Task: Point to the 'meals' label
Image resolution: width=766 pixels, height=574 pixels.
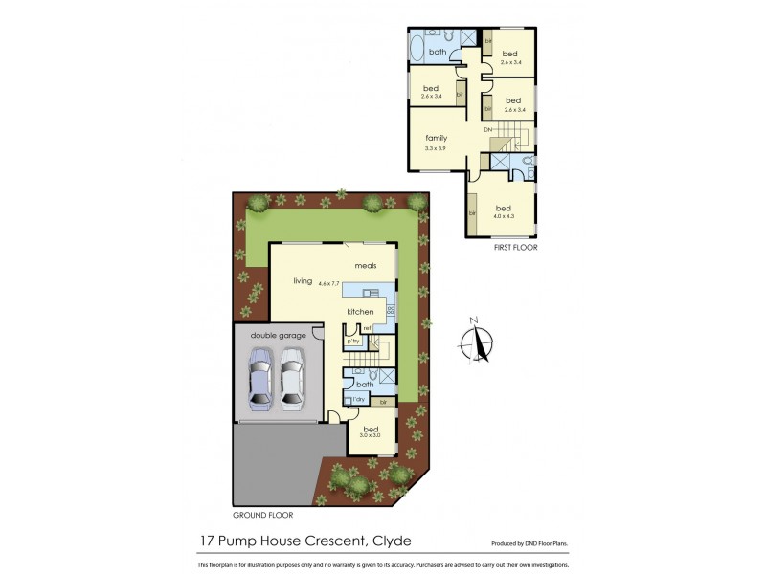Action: (365, 265)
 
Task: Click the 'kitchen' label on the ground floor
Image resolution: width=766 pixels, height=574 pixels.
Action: (360, 312)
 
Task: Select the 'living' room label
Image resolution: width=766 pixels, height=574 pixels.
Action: (304, 280)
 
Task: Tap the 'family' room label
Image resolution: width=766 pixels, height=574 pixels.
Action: (437, 138)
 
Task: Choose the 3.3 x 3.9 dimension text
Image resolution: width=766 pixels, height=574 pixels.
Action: (437, 148)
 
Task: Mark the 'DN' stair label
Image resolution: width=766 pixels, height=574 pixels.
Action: (487, 129)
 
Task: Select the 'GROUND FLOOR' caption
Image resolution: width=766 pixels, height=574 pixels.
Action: (261, 514)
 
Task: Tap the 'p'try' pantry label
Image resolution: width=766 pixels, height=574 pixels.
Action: (352, 341)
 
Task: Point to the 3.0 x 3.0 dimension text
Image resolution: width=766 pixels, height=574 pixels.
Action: (371, 435)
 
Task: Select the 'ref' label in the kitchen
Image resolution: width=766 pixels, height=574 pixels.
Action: (366, 329)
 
